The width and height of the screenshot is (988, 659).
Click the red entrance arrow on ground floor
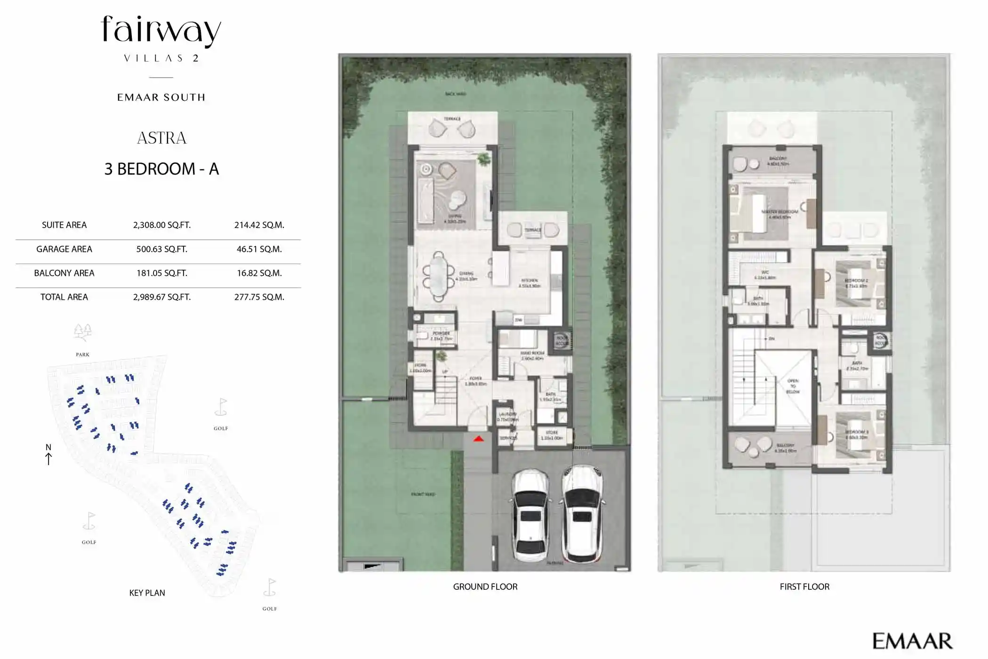(x=478, y=439)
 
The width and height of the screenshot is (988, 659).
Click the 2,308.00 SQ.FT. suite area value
(x=161, y=225)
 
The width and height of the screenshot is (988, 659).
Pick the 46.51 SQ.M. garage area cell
(x=259, y=249)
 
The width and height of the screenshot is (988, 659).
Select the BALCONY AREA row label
(x=64, y=273)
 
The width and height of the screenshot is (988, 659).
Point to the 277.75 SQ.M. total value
(x=259, y=297)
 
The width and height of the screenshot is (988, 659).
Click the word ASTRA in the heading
(x=161, y=138)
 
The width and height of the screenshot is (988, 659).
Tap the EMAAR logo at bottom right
(x=912, y=641)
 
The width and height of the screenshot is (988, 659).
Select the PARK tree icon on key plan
(x=82, y=332)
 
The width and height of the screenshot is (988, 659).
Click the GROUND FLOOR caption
(x=485, y=587)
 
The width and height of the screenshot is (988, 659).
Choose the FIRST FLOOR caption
(x=804, y=587)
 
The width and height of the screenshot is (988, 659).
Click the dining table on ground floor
(x=439, y=276)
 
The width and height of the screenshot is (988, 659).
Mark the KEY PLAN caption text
(x=147, y=593)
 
